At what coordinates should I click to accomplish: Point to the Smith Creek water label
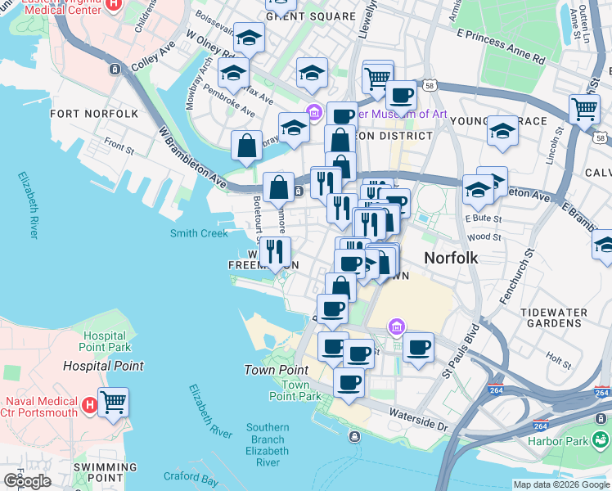click(199, 233)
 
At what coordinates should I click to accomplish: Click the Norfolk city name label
click(451, 258)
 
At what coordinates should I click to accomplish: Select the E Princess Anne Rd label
click(501, 47)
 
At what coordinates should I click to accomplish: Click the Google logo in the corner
click(27, 480)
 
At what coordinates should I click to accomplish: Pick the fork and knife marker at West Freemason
click(275, 251)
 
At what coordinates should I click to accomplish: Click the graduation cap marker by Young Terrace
click(502, 130)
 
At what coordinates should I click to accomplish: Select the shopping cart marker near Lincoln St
click(584, 108)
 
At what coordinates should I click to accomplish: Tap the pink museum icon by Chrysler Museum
click(312, 112)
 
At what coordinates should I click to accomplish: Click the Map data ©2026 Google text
click(560, 484)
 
